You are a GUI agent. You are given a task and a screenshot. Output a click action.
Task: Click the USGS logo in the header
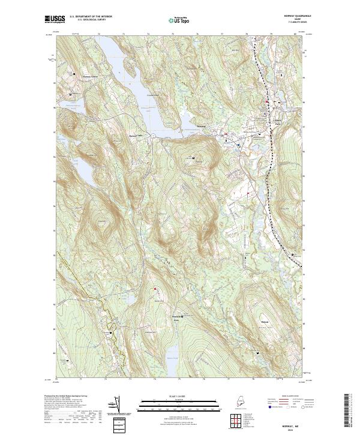click(x=52, y=19)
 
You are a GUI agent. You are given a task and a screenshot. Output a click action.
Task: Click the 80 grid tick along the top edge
click(x=295, y=34)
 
